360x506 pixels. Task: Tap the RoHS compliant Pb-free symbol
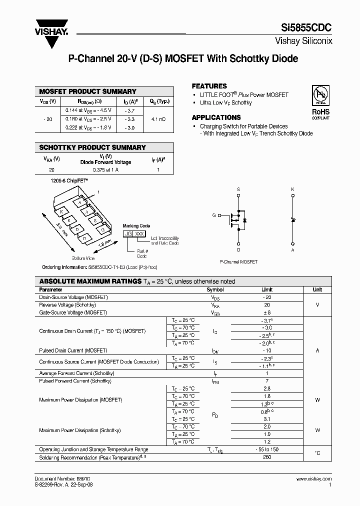pos(320,95)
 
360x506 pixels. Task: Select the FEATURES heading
pos(209,86)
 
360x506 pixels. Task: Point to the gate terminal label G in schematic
pos(214,215)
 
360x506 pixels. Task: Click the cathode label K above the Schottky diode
pos(293,189)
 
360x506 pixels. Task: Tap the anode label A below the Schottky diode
pos(293,249)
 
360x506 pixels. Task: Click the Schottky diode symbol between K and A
pos(293,220)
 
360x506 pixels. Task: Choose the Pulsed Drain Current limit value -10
pos(266,351)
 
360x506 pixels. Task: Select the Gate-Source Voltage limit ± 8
pos(266,312)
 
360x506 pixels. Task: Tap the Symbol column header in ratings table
pos(215,290)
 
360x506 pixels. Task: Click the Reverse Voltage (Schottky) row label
pos(67,305)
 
